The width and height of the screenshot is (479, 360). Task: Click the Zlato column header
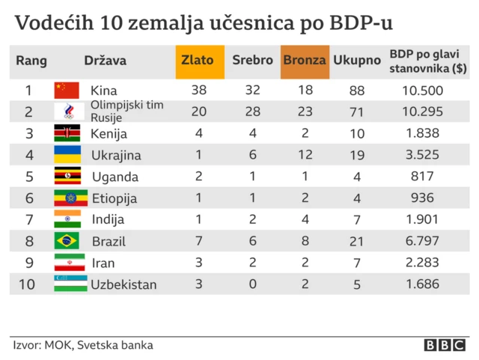pos(199,61)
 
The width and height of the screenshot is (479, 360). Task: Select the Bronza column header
pos(305,61)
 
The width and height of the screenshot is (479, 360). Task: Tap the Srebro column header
pos(252,61)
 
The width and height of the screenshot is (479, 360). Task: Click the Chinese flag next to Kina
pos(67,91)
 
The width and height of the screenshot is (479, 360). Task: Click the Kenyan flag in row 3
pos(67,134)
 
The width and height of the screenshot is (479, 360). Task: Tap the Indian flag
pos(67,220)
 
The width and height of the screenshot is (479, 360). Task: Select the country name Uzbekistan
pos(124,285)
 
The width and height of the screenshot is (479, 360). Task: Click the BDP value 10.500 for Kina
pos(422,91)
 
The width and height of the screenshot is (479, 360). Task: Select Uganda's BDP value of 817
pos(422,177)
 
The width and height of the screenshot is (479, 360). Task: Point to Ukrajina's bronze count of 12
pos(305,156)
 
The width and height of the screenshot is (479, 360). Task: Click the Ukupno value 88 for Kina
pos(356,91)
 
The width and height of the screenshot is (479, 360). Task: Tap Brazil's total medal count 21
pos(356,242)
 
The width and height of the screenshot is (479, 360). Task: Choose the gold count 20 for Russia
pos(199,112)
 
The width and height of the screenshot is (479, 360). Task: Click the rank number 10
pos(28,285)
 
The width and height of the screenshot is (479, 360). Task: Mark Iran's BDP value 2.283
pos(422,263)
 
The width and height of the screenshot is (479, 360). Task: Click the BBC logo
pos(445,345)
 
